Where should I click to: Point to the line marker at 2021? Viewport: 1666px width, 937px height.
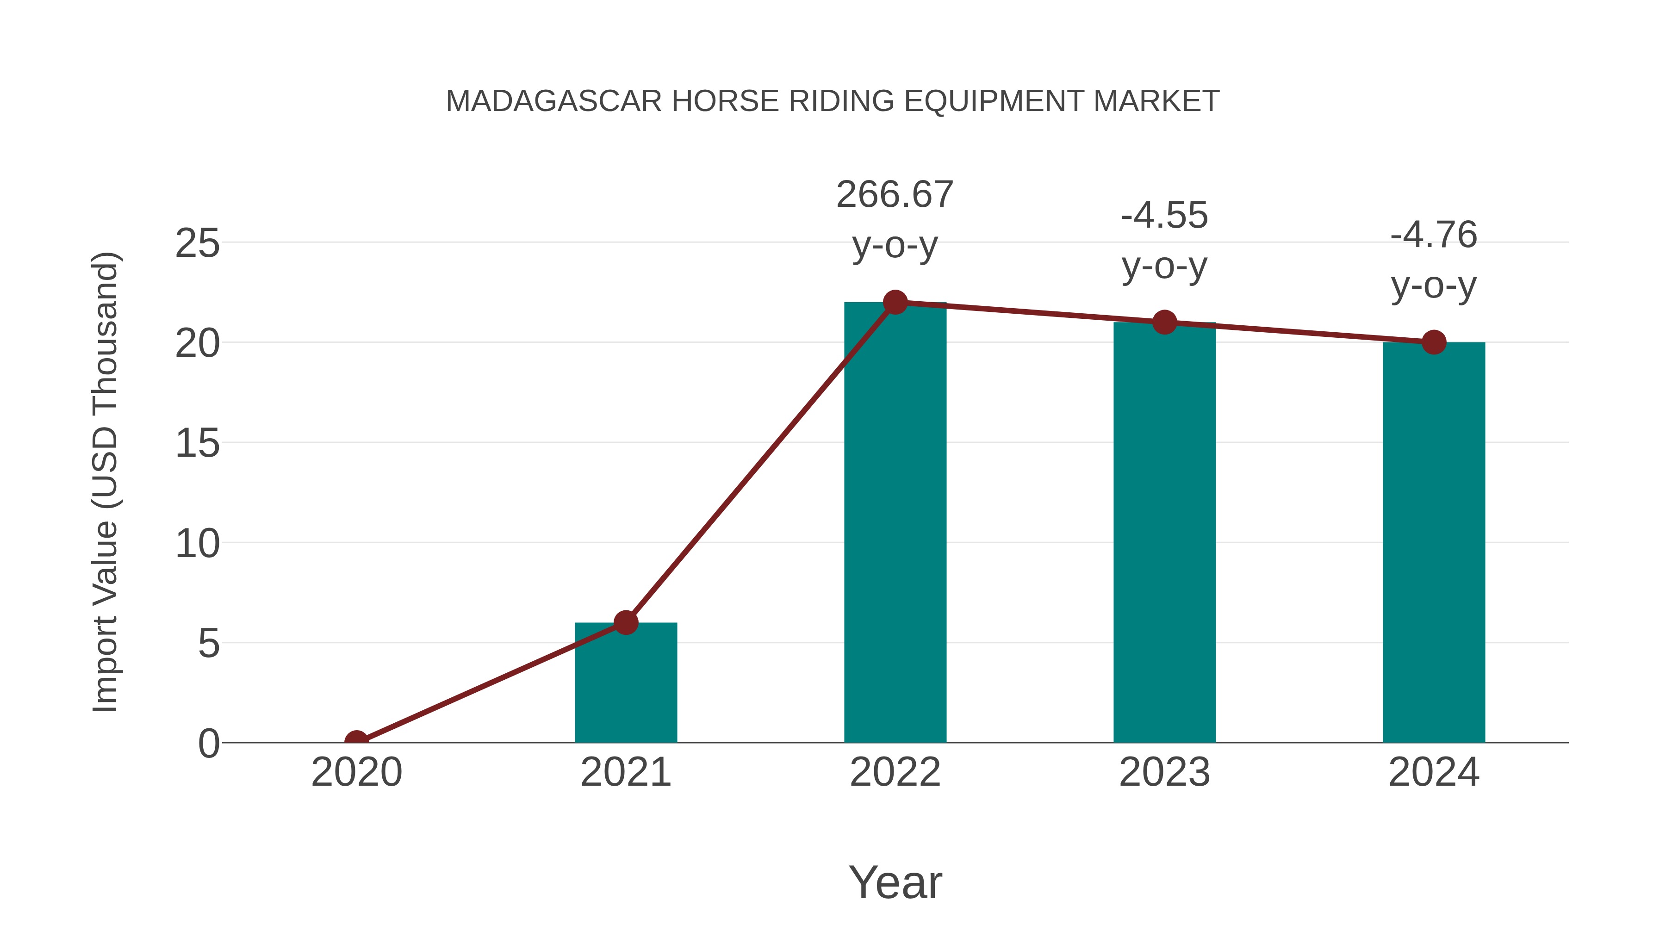[x=625, y=623]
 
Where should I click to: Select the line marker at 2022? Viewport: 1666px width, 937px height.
[x=895, y=302]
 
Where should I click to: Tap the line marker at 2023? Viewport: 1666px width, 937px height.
[x=1164, y=322]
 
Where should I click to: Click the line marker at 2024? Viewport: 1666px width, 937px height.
[x=1433, y=342]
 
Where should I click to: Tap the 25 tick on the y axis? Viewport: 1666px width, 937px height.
[x=197, y=244]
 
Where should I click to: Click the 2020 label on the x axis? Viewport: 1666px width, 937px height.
[x=356, y=772]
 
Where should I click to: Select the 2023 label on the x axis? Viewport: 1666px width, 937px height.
[x=1164, y=772]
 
